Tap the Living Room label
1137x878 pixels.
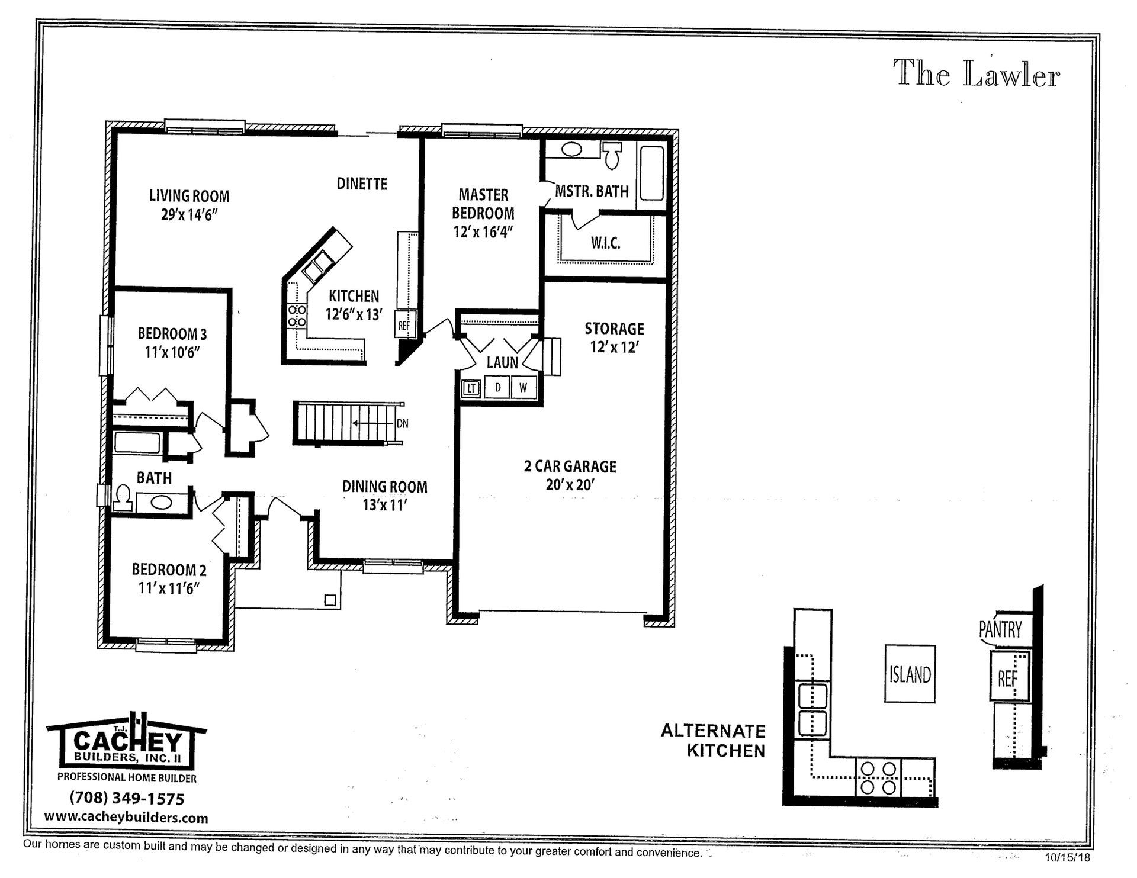coord(189,196)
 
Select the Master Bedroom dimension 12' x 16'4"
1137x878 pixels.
coord(483,232)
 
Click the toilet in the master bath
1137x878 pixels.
coord(612,155)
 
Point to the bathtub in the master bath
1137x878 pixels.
coord(651,173)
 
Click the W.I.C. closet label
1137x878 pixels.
coord(605,243)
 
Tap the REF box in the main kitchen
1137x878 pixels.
coord(404,325)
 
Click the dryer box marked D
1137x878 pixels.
coord(498,388)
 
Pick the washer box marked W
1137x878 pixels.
coord(523,388)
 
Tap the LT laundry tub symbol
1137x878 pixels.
coord(471,388)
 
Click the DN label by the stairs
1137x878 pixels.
coord(402,424)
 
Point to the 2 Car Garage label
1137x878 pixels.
coord(570,467)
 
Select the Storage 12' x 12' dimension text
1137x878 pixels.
coord(614,348)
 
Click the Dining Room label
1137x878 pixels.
coord(384,487)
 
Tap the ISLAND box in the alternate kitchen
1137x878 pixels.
coord(910,674)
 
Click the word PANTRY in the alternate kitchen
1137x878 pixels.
coord(1000,629)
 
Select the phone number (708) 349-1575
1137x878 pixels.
coord(127,799)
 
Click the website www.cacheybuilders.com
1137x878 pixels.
coord(126,818)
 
